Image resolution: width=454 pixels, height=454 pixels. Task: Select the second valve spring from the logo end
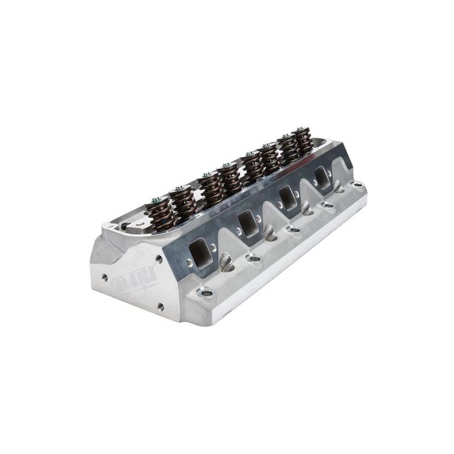click(185, 201)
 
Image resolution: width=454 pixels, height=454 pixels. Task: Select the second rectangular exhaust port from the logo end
click(247, 222)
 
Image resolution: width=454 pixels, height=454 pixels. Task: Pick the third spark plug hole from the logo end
click(307, 208)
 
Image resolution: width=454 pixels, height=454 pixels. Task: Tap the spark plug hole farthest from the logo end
click(339, 187)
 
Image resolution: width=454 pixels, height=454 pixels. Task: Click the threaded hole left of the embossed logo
click(104, 277)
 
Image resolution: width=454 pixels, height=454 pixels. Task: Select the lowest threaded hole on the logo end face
click(160, 306)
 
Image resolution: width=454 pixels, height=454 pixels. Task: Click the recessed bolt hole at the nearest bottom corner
click(207, 293)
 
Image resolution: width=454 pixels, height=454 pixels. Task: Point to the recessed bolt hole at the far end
click(356, 184)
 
